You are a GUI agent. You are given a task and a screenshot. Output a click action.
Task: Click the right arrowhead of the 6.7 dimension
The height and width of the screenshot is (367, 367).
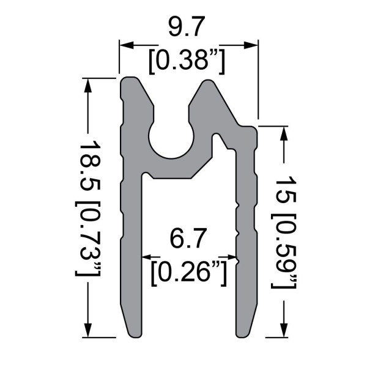[x=233, y=257]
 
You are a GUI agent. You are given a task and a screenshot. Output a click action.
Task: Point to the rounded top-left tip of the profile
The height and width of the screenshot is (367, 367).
[x=130, y=83]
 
